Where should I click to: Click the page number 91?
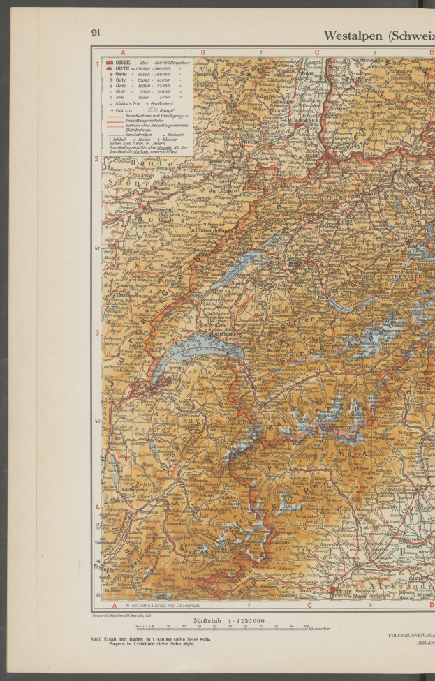coord(96,33)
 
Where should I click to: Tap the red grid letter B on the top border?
coord(203,52)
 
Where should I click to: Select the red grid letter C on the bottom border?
coord(309,606)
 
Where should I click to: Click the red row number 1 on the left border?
coord(97,64)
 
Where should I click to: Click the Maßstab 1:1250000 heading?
coord(223,621)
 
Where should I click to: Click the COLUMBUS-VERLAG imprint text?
coord(411,636)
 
